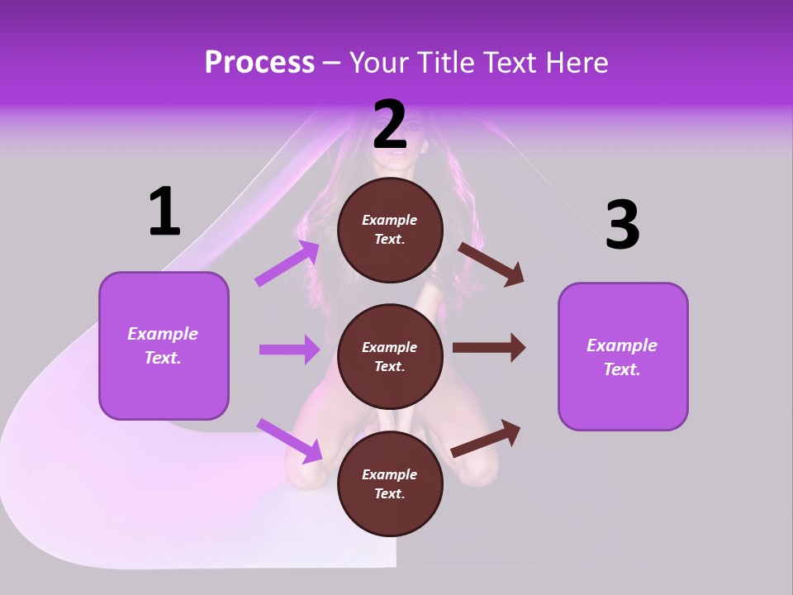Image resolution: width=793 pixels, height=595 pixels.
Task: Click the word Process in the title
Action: [259, 62]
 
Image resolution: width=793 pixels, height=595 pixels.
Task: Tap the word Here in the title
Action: [577, 62]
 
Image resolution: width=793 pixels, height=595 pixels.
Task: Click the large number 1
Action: [164, 211]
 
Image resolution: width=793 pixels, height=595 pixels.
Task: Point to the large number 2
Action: [389, 124]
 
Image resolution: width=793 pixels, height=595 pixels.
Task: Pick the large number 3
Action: [623, 224]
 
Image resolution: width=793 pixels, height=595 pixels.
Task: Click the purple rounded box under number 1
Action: [164, 346]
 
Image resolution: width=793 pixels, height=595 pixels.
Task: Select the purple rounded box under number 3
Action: [623, 357]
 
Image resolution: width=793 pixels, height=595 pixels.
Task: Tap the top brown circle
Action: [390, 230]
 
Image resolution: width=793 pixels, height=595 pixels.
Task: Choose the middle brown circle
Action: [390, 357]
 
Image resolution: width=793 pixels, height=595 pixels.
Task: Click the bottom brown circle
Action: [390, 483]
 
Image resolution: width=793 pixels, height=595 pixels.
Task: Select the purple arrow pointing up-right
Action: [287, 263]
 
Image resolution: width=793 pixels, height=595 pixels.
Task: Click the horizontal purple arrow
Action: [289, 349]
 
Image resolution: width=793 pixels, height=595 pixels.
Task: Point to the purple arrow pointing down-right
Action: [289, 440]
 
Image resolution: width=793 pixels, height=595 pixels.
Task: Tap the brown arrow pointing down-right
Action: [491, 264]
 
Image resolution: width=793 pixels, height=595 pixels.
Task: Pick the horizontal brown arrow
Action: [489, 347]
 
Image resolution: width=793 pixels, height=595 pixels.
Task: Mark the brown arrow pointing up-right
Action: [486, 439]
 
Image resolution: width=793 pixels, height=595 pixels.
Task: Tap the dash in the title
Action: [331, 64]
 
